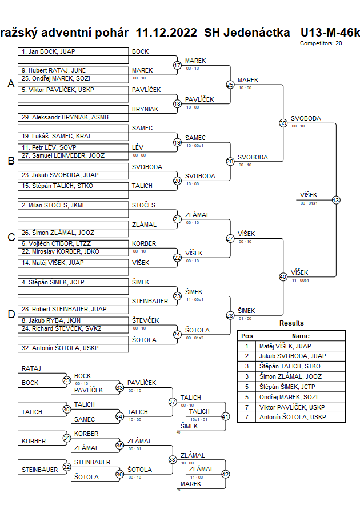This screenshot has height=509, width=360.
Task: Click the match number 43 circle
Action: point(335,200)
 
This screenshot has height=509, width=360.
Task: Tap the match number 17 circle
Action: point(177,66)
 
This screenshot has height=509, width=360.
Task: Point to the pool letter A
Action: point(11,84)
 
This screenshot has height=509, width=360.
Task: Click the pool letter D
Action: point(11,314)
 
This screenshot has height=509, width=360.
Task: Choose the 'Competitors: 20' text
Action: point(321,43)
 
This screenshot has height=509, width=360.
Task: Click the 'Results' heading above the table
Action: point(291,323)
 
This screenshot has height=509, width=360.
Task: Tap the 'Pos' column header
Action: point(247,336)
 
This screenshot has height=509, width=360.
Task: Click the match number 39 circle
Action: point(283,123)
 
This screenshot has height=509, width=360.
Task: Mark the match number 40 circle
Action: point(283,276)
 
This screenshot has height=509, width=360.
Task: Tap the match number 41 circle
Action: point(225,416)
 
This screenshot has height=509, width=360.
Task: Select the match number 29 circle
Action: point(67,380)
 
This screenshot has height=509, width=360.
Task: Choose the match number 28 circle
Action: point(230,315)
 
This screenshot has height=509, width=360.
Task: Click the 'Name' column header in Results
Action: point(301,336)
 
